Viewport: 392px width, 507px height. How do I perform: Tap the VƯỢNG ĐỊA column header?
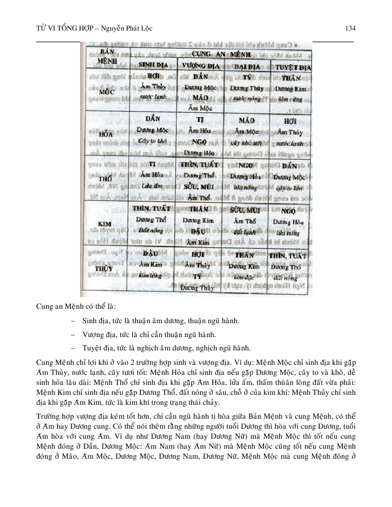coord(199,66)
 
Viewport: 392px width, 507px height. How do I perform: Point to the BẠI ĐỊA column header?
coord(245,66)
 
